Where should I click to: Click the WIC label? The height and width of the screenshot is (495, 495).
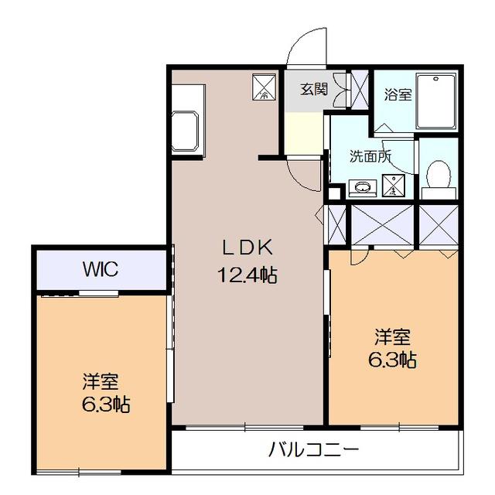(x=101, y=269)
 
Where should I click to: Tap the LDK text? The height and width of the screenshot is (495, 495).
(x=247, y=247)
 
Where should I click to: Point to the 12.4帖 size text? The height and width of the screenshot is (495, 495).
(x=247, y=275)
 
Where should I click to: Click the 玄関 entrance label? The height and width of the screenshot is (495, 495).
(x=314, y=90)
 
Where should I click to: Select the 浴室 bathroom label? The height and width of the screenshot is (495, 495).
(x=398, y=94)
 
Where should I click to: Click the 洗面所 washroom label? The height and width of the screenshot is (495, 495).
(x=370, y=156)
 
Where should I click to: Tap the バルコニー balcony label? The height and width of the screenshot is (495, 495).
(x=313, y=449)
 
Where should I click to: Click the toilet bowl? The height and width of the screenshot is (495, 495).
(x=438, y=174)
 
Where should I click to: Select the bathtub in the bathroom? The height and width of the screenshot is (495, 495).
(x=436, y=101)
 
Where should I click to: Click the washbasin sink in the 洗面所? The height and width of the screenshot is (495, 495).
(x=363, y=187)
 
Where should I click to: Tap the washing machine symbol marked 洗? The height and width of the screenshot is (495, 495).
(x=393, y=186)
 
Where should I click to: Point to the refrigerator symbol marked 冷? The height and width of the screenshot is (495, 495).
(x=264, y=87)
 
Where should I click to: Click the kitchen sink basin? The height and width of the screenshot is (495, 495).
(x=185, y=131)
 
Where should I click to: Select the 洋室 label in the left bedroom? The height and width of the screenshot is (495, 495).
(x=101, y=381)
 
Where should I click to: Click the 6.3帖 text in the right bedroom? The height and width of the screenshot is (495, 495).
(x=392, y=360)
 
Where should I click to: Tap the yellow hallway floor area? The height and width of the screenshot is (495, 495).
(x=304, y=133)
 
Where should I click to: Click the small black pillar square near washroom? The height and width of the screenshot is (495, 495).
(x=334, y=193)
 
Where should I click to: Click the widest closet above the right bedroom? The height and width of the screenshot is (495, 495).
(x=382, y=224)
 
